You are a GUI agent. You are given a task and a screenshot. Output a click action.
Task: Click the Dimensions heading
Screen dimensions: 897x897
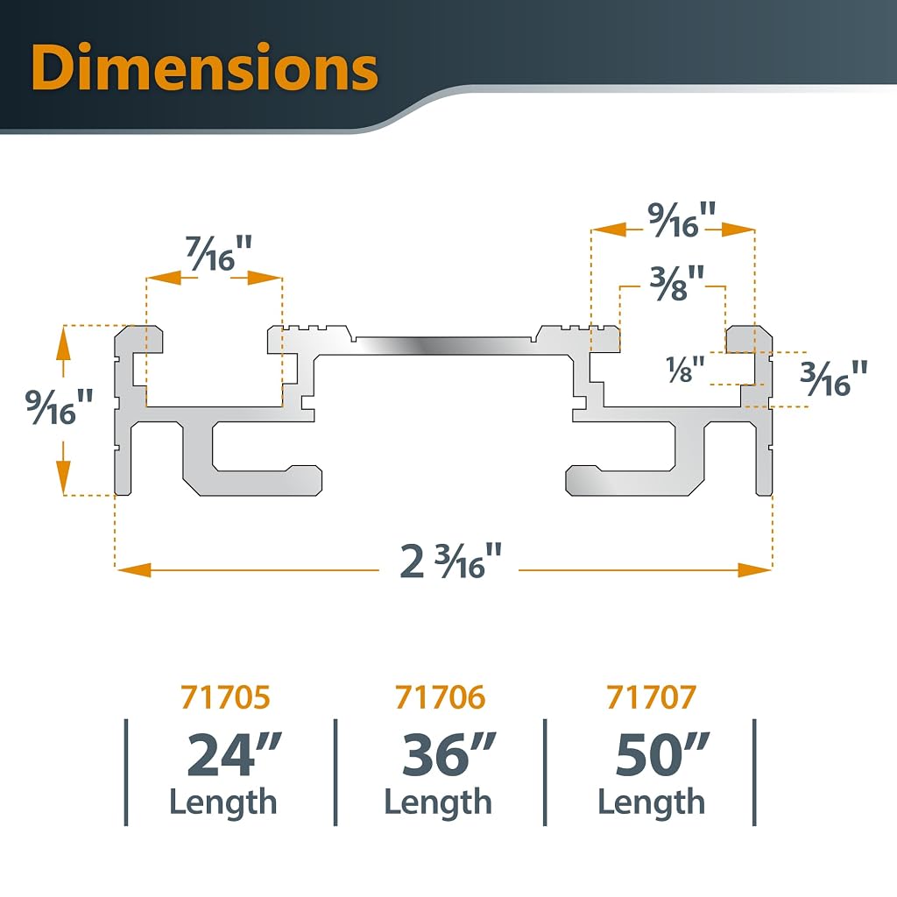(x=204, y=67)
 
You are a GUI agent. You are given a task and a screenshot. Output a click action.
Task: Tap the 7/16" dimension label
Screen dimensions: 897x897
(x=219, y=253)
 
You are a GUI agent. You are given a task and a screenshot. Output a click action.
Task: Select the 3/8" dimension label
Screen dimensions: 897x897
(x=677, y=283)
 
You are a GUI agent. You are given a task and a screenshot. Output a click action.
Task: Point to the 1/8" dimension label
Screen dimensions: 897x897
(x=685, y=369)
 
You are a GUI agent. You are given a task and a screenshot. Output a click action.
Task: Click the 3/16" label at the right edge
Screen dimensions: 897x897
(x=834, y=378)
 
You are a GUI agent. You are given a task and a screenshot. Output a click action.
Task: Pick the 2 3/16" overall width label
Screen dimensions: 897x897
(x=450, y=561)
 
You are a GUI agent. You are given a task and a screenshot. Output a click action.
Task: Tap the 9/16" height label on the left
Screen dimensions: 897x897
(x=59, y=406)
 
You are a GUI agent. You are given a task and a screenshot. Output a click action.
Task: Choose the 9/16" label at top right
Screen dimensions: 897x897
(x=682, y=219)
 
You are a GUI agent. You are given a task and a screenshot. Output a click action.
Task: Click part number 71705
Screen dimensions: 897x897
(x=225, y=696)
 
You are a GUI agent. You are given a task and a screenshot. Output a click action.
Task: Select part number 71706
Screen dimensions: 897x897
(x=440, y=696)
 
